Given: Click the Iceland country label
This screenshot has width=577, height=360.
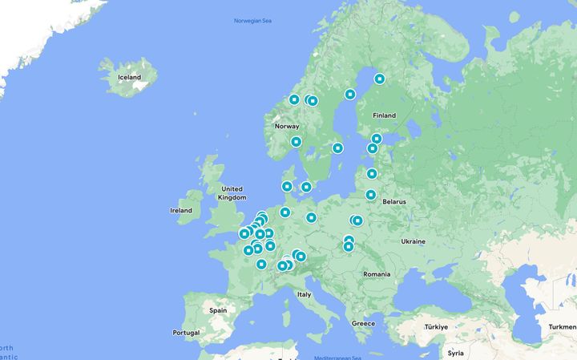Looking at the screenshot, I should pos(129,78).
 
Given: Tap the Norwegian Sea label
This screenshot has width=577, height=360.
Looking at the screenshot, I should pos(253,20).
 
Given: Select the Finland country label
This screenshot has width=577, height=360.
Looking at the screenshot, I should pos(384,115).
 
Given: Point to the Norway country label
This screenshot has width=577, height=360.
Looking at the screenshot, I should pos(287,127).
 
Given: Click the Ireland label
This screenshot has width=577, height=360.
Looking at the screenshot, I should pos(181,211).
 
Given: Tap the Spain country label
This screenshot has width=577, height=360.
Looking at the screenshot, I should pos(218,309).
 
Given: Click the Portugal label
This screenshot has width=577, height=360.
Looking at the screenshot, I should pos(186,333).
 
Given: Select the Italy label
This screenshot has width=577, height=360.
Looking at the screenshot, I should pos(305,294).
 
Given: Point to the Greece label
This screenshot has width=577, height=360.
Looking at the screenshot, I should pos(363,323).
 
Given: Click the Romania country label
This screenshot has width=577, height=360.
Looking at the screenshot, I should pos(377,274).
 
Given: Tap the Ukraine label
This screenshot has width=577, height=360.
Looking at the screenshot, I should pos(414,241).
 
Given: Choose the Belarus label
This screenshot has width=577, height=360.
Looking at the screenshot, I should pos(393,202).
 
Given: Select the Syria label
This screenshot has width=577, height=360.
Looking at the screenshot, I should pos(456,353).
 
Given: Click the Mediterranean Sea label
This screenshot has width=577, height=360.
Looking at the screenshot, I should pos(340,356).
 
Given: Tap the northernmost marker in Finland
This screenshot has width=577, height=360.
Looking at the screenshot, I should pos(380,79).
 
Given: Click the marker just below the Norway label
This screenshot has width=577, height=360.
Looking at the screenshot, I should pos(296,142).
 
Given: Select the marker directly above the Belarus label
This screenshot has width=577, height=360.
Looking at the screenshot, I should pos(371,195).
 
